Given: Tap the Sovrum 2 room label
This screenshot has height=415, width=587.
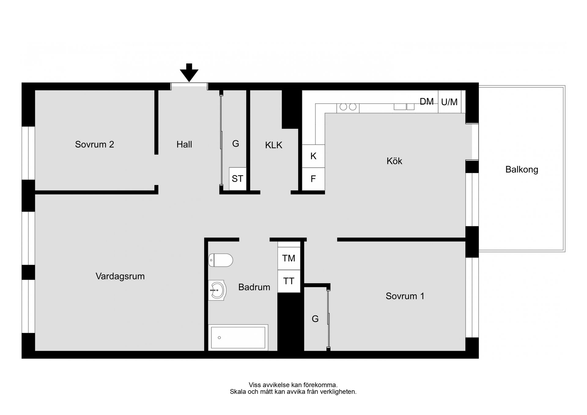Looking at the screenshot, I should click(94, 144).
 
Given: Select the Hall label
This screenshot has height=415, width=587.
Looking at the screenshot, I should click(184, 144).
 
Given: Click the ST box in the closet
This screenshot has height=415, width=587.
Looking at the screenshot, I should click(238, 179).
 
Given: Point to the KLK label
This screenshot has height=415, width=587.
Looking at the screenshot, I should click(273, 145).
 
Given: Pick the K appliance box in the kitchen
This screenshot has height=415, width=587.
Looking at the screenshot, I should click(313, 156).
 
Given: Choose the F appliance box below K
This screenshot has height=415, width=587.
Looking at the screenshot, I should click(313, 179).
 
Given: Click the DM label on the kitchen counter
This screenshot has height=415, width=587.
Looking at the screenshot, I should click(426, 102).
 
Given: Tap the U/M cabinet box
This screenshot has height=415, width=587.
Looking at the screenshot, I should click(449, 102).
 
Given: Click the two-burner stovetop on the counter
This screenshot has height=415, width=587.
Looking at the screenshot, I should click(348, 107).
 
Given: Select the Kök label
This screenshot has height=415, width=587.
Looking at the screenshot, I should click(394, 161).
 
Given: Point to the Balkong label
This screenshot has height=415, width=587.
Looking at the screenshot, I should click(522, 169).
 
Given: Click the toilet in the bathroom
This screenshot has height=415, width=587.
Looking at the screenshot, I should click(220, 260).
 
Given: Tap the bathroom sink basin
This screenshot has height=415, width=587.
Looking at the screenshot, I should click(217, 290).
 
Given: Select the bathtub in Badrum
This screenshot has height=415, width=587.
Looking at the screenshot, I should click(238, 338).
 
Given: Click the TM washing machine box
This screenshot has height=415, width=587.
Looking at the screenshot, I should click(289, 258).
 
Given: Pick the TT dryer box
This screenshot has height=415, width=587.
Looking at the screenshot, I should click(289, 281).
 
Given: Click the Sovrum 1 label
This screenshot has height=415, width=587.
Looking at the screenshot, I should click(405, 296).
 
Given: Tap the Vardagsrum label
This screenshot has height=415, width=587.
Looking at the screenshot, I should click(120, 276).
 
